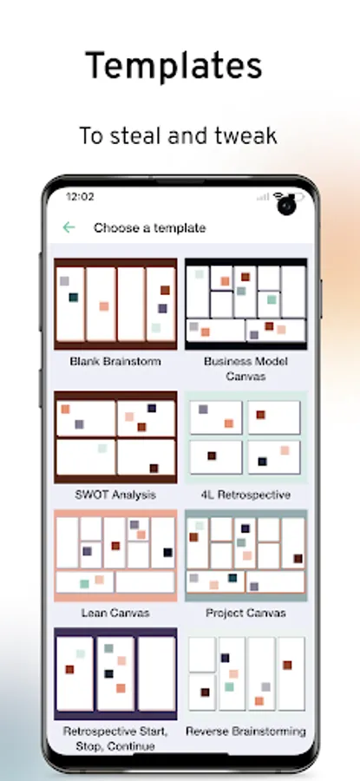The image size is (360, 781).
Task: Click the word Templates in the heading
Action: [173, 66]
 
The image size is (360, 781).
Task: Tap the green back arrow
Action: [69, 227]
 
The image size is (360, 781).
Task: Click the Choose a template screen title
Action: [150, 228]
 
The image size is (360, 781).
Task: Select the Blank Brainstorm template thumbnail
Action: [115, 304]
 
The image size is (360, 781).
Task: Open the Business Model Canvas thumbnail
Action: [246, 304]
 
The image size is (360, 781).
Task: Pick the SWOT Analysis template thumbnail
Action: [115, 437]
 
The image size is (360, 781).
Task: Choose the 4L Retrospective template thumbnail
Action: [246, 437]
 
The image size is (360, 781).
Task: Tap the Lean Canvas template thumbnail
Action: [115, 555]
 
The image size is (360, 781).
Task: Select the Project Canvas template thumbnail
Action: [246, 555]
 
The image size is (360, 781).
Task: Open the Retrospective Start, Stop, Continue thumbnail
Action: [115, 673]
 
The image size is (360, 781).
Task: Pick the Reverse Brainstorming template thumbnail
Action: [246, 673]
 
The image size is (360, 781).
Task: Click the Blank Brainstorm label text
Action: [115, 361]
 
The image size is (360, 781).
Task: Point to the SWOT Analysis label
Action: [115, 495]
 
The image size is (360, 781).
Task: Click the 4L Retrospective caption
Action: [246, 495]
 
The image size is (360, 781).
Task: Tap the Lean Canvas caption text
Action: [115, 613]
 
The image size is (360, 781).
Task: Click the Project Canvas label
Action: [246, 613]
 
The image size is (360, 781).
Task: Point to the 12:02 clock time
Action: [80, 197]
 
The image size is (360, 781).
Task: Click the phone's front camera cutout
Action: [286, 205]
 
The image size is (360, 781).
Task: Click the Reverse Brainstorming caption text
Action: [246, 732]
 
